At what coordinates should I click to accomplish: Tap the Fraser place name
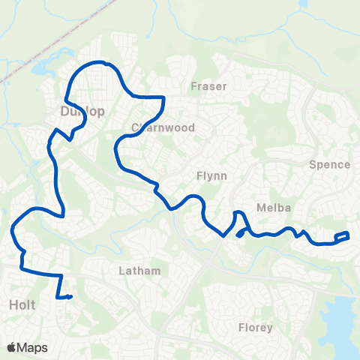pos(208,86)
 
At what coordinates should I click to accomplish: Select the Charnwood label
pos(163,127)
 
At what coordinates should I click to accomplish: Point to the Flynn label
pos(211,175)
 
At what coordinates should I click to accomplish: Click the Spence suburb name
pos(329,164)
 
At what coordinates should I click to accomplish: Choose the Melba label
pos(268,207)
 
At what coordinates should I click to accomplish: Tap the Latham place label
pos(140,270)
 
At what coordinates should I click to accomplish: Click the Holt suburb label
pos(22,305)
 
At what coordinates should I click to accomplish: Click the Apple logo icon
pos(12,347)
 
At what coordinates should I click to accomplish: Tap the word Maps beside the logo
pos(33,347)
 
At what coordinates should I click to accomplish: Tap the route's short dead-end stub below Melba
pos(240,234)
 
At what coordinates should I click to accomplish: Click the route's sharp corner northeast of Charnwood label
pos(163,98)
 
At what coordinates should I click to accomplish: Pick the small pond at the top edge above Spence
pos(305,4)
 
